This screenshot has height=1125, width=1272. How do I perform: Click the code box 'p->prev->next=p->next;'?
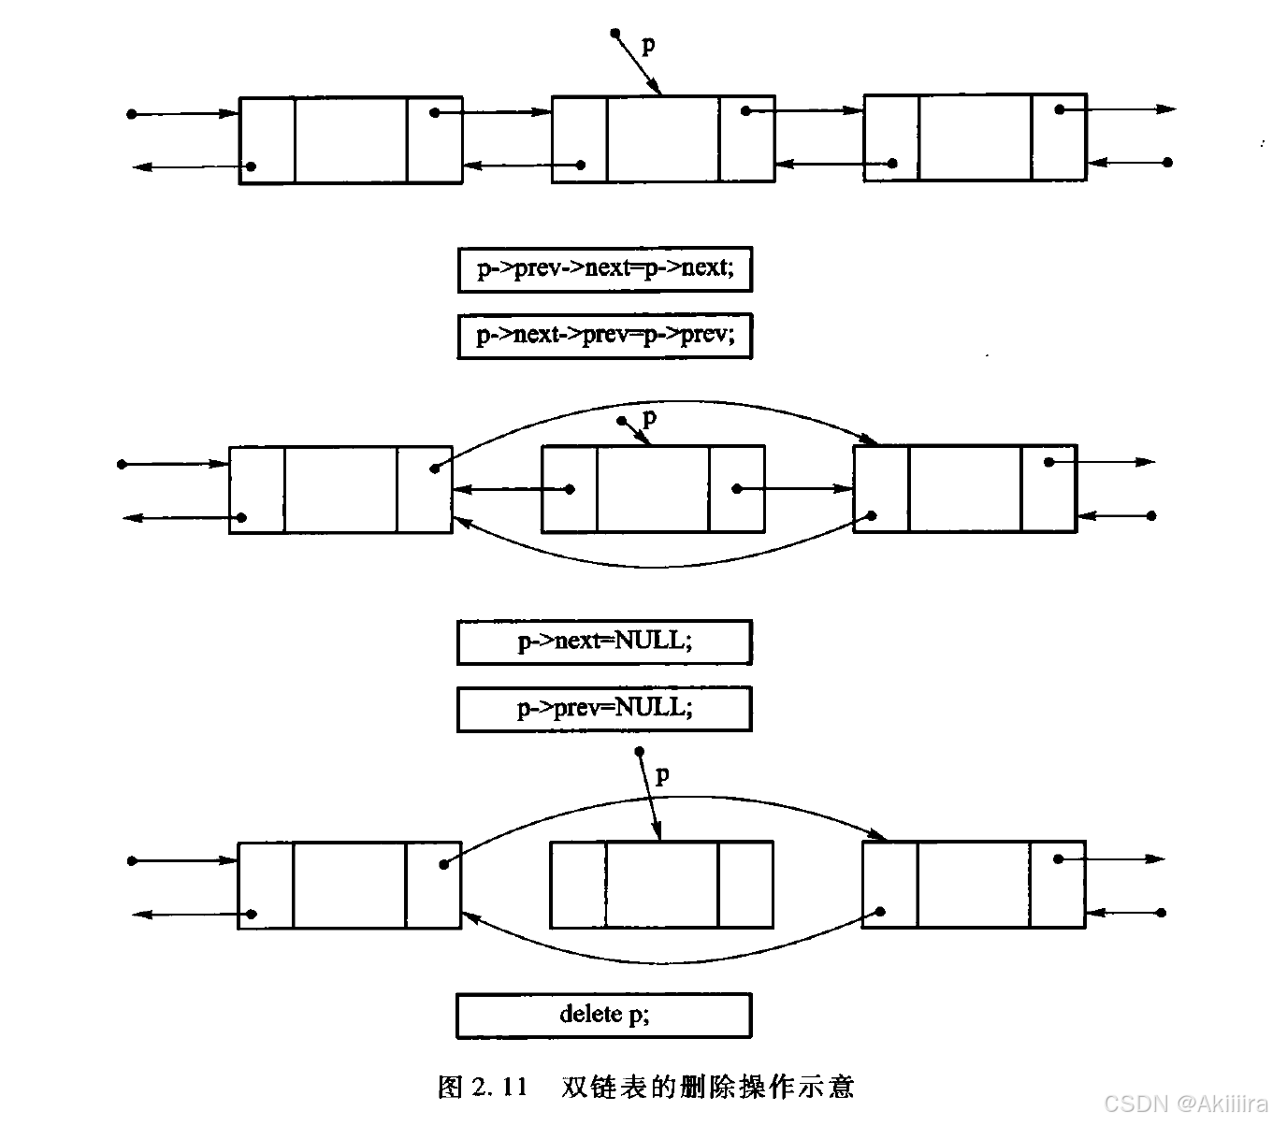click(604, 269)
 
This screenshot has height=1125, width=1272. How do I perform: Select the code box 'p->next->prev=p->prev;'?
click(604, 336)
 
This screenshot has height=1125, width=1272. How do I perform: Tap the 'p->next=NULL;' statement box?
click(604, 642)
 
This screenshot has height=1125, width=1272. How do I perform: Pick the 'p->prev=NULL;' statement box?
click(604, 709)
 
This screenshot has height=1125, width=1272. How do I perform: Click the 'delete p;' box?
click(604, 1015)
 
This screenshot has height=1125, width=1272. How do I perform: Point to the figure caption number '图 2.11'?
click(483, 1087)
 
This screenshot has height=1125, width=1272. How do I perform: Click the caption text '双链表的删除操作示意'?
click(707, 1087)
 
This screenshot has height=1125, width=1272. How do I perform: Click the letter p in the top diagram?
click(647, 44)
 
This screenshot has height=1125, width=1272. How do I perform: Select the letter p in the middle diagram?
click(650, 417)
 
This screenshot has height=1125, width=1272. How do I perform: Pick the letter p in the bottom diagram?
click(662, 774)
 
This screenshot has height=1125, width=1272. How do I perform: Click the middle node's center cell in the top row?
click(663, 138)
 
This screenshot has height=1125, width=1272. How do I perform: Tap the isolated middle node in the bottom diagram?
click(661, 885)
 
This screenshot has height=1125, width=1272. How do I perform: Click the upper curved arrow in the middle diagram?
click(655, 403)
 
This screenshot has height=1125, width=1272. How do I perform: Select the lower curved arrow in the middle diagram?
click(655, 565)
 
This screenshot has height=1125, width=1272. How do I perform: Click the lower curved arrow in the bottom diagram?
click(664, 960)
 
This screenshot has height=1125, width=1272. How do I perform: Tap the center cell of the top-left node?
click(351, 140)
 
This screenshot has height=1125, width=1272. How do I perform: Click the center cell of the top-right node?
click(975, 137)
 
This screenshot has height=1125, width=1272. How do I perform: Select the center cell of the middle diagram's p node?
click(653, 488)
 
